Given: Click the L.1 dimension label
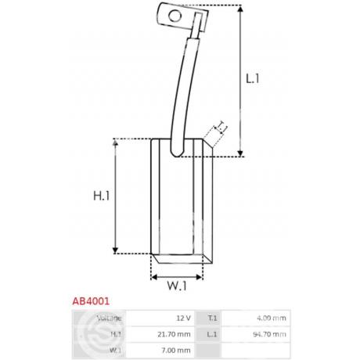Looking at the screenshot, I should pos(253,78).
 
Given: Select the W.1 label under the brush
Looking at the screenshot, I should pos(177,286).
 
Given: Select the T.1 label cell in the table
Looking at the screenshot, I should pos(212,318).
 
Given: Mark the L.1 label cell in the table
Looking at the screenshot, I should pos(212,334).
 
